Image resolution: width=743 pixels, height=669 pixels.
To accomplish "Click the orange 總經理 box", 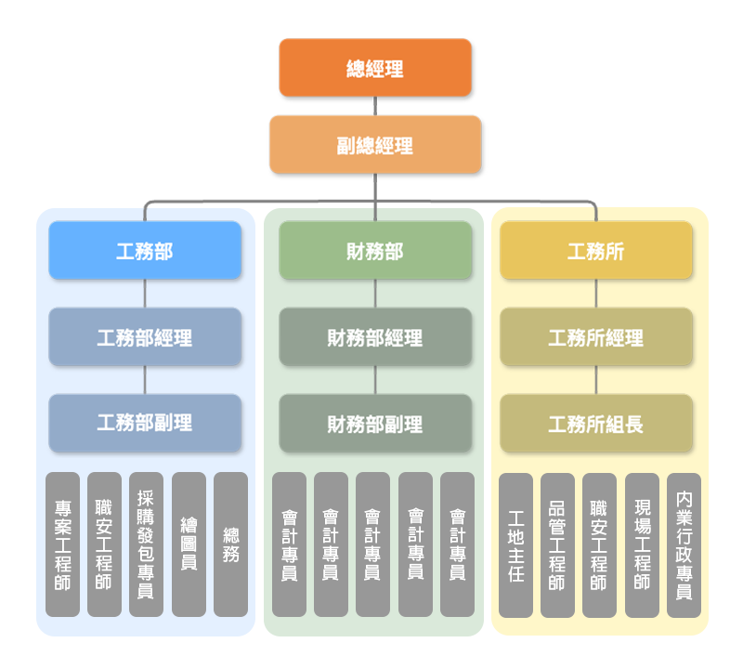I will pyautogui.click(x=375, y=68).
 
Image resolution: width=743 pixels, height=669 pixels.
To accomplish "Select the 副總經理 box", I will pyautogui.click(x=375, y=145).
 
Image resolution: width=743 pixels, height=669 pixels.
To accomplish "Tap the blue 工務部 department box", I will pyautogui.click(x=145, y=251).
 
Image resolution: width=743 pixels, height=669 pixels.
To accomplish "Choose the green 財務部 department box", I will pyautogui.click(x=375, y=251).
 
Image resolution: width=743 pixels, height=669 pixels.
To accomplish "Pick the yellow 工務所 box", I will pyautogui.click(x=596, y=251).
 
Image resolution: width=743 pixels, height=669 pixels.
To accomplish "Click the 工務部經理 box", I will pyautogui.click(x=145, y=337).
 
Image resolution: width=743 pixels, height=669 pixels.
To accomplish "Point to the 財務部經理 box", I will pyautogui.click(x=375, y=337).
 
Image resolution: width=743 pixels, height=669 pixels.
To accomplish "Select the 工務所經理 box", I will pyautogui.click(x=596, y=337).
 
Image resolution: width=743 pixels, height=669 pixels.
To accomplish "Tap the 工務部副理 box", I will pyautogui.click(x=145, y=423).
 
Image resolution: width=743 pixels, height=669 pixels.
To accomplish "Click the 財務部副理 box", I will pyautogui.click(x=375, y=424).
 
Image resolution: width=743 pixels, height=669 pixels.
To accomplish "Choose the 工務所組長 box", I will pyautogui.click(x=596, y=424).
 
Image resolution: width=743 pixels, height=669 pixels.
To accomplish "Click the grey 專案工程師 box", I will pyautogui.click(x=62, y=544).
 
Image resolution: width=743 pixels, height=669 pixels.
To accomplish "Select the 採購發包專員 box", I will pyautogui.click(x=146, y=544).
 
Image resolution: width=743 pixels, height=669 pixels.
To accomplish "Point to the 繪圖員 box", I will pyautogui.click(x=189, y=544).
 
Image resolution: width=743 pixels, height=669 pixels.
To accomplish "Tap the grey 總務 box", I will pyautogui.click(x=230, y=544).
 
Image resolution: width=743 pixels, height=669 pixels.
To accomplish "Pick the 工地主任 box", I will pyautogui.click(x=515, y=544).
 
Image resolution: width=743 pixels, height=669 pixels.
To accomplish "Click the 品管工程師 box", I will pyautogui.click(x=557, y=544).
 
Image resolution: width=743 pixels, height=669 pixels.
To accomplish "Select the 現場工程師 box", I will pyautogui.click(x=642, y=544).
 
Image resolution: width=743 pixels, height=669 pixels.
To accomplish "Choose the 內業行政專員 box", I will pyautogui.click(x=684, y=544).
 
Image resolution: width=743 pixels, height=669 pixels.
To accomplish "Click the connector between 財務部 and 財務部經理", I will pyautogui.click(x=375, y=294).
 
